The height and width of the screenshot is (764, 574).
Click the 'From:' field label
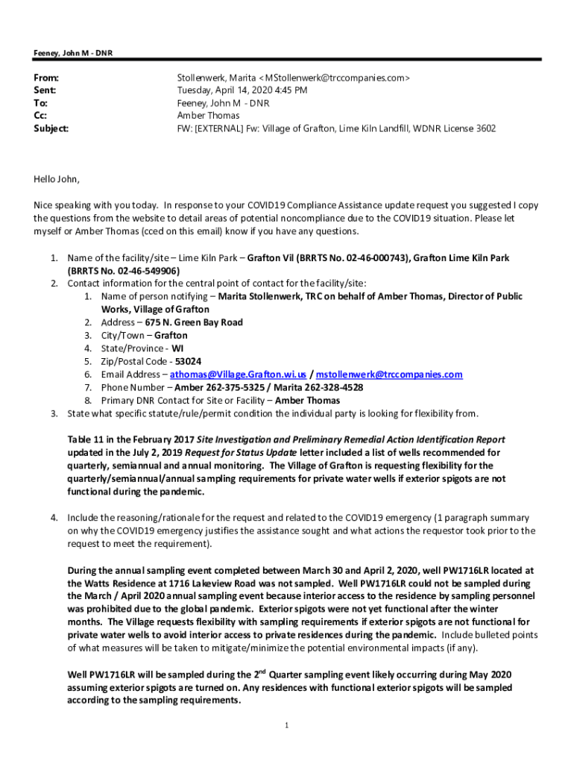[46, 78]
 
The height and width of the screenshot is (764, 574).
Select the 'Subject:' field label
[51, 128]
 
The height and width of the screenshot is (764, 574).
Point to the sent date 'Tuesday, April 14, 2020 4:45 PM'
[242, 90]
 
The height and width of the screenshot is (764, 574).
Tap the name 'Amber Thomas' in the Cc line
[208, 116]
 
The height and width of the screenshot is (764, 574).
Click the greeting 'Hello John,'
[56, 179]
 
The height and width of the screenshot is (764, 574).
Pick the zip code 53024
[188, 361]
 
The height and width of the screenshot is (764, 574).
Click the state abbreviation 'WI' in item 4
[177, 348]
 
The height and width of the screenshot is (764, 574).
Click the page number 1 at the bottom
[287, 724]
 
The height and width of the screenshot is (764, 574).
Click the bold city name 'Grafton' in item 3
[171, 336]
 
